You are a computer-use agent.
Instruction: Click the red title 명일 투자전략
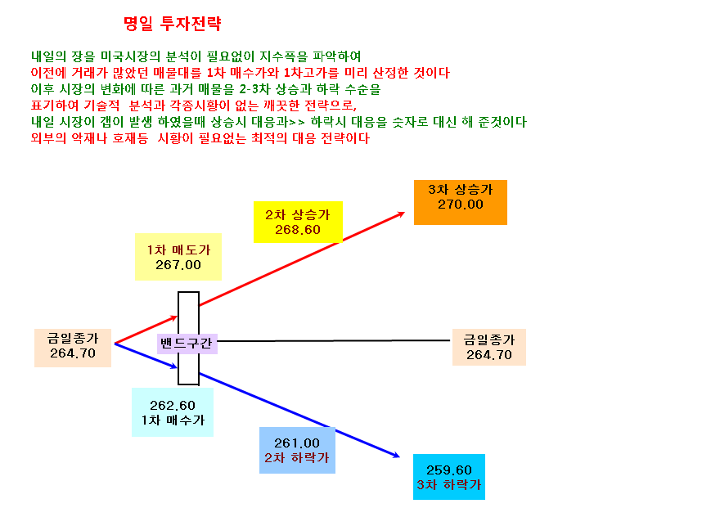tap(173, 24)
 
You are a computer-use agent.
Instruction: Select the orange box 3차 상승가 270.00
tap(461, 202)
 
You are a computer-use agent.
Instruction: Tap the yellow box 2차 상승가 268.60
tap(298, 222)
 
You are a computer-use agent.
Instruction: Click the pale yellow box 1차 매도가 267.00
tap(178, 257)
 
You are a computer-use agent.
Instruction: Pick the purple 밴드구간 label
tap(187, 344)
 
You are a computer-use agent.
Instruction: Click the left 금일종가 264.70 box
tap(73, 348)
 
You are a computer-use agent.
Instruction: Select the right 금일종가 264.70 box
tap(489, 347)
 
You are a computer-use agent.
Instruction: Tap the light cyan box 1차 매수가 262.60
tap(173, 412)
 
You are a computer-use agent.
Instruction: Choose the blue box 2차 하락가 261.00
tap(297, 451)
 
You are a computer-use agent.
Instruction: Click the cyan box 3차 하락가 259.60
tap(449, 477)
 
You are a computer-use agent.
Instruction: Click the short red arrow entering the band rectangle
tap(146, 330)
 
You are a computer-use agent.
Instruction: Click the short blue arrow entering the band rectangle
tap(146, 356)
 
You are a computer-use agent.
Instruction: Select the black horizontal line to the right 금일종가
tap(334, 340)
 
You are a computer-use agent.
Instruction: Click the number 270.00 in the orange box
tap(461, 205)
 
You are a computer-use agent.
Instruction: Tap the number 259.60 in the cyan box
tap(449, 470)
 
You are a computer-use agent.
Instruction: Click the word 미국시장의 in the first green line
tap(130, 56)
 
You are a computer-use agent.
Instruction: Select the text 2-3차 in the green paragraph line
tap(254, 89)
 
